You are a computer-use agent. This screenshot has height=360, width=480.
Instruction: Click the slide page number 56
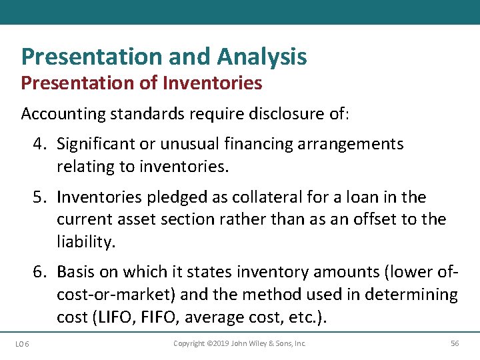point(455,343)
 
